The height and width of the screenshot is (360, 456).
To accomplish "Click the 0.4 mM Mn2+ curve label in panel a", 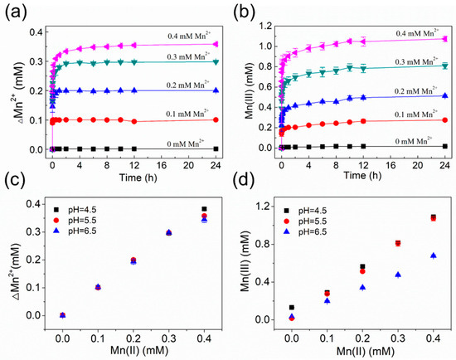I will (170, 34).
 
